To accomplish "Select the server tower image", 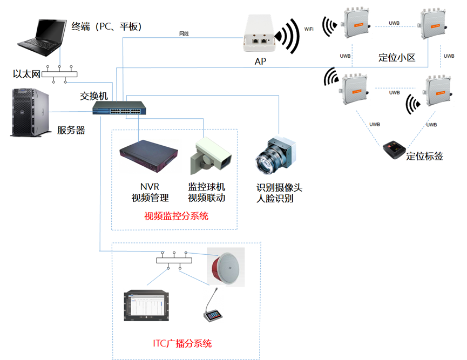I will (x=31, y=113).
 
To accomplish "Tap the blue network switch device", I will (x=118, y=108).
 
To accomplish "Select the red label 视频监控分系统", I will (x=176, y=216).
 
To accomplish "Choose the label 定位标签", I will (x=424, y=157).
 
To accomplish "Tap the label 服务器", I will (x=71, y=130).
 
